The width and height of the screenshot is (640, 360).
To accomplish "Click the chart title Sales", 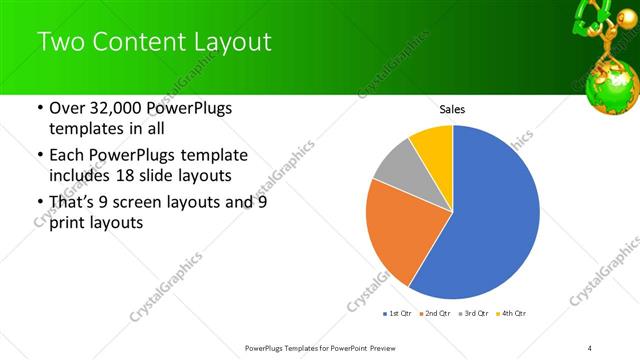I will click(453, 110).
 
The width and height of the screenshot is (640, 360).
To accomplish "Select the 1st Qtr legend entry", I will click(400, 313).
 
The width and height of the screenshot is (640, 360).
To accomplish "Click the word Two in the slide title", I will click(63, 42).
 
